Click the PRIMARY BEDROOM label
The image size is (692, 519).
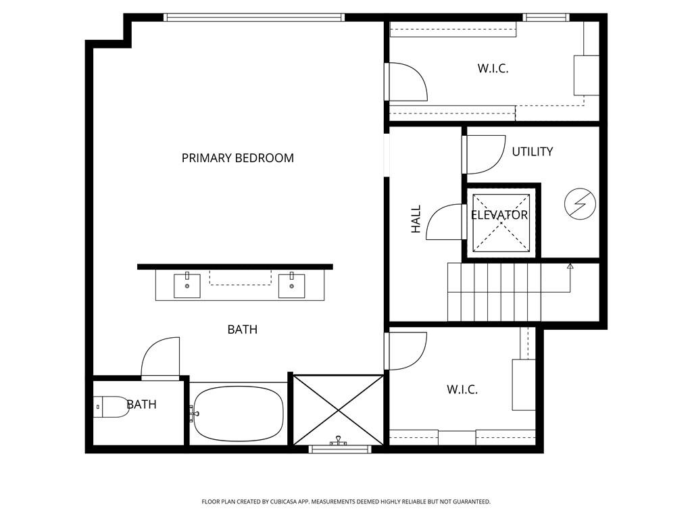coord(237,158)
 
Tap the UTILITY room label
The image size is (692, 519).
coord(532,151)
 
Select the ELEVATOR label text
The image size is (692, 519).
coord(499,216)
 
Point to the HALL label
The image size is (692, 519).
coord(416,219)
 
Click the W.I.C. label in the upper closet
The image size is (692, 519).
coord(493,68)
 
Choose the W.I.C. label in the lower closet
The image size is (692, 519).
coord(462,390)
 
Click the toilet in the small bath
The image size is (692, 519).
coord(111,407)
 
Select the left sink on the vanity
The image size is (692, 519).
coord(187,285)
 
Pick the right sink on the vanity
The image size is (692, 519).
coord(291,285)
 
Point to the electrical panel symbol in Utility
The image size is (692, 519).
coord(580,204)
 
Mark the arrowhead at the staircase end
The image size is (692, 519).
coord(570,266)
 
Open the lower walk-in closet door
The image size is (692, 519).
coord(407,351)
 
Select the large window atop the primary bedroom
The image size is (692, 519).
coord(254,18)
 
